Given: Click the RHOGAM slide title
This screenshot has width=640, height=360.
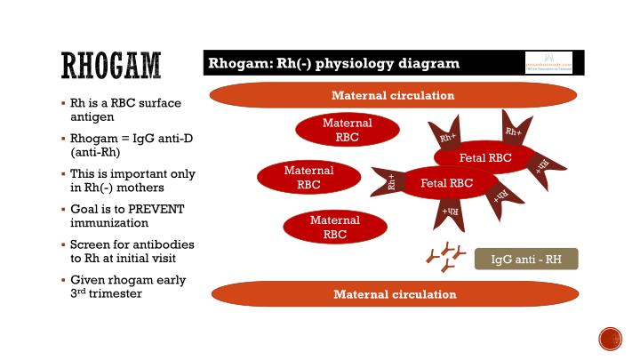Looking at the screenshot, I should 110,65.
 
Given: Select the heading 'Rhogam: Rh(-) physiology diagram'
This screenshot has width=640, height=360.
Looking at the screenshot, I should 333,63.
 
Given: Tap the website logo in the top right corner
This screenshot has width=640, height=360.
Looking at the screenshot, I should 548,63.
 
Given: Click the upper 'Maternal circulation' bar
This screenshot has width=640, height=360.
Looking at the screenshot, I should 392,95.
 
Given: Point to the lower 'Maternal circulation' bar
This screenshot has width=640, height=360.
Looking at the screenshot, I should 394,293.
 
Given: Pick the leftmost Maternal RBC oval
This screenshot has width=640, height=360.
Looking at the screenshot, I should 308,177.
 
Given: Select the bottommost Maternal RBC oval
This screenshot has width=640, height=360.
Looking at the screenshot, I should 334,228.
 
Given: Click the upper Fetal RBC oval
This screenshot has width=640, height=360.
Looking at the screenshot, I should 484,158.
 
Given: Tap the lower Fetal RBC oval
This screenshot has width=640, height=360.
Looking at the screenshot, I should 446,183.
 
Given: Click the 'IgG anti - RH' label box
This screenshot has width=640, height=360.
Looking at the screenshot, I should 525,260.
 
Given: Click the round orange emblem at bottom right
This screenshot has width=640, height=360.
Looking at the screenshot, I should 610,339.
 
